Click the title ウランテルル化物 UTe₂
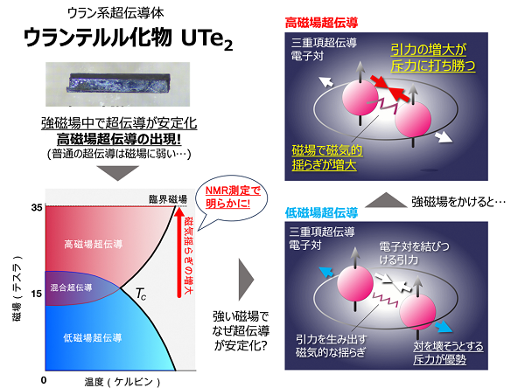[x=129, y=38]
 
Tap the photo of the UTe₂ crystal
[x=118, y=84]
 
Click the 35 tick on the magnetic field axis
[x=37, y=208]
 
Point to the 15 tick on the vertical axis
[x=37, y=294]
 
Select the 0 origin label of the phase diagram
[x=44, y=380]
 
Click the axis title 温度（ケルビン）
[x=122, y=382]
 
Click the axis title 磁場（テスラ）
[x=17, y=288]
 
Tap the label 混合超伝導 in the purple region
[x=72, y=288]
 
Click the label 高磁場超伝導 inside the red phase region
[x=94, y=244]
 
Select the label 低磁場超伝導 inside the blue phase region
[x=93, y=338]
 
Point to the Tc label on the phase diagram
[x=141, y=294]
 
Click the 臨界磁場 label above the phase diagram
[x=168, y=199]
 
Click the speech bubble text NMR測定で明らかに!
[x=233, y=197]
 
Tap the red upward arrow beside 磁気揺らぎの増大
[x=179, y=253]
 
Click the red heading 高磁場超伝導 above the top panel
[x=321, y=23]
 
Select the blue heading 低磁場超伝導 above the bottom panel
[x=321, y=212]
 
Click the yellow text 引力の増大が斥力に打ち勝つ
[x=433, y=58]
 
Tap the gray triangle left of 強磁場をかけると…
[x=385, y=200]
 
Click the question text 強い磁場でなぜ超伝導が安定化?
[x=241, y=331]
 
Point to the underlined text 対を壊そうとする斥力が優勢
[x=448, y=353]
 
